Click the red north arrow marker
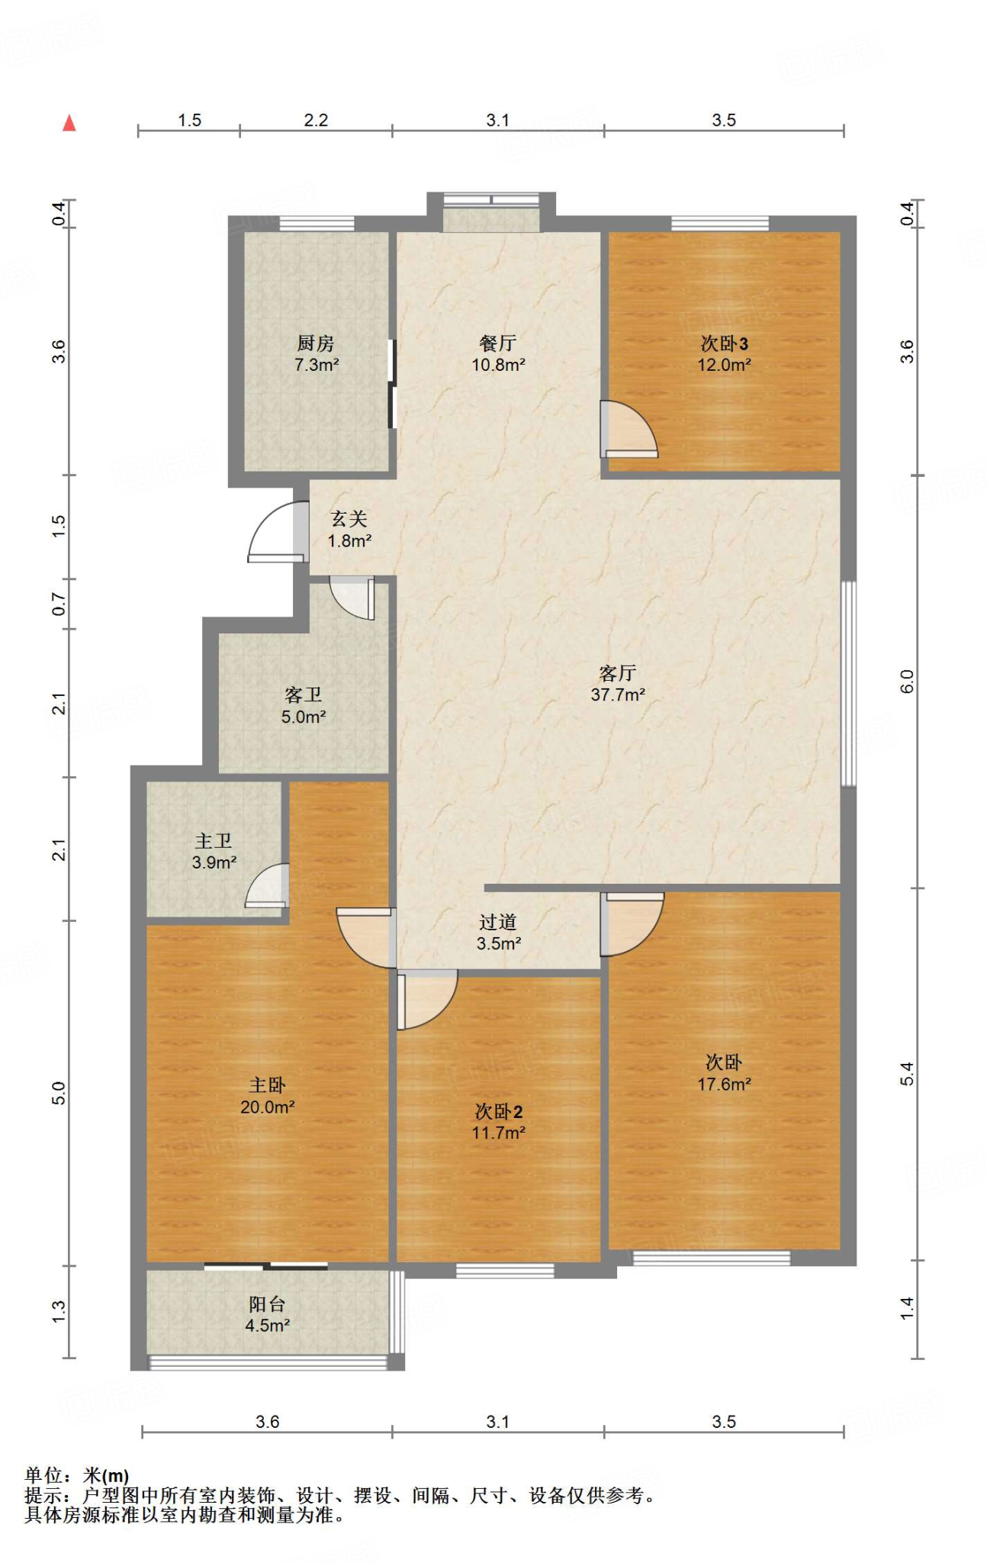pos(69,122)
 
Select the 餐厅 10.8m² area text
pos(498,354)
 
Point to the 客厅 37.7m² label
pos(618,684)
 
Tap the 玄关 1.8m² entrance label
pos(349,530)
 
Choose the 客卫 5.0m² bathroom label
pos(304,706)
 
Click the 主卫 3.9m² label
pos(214,852)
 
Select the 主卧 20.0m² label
pos(268,1096)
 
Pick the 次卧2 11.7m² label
pos(498,1122)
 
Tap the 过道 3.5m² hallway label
pos(499,933)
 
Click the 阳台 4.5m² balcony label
pos(267,1315)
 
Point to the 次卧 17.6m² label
pos(724,1073)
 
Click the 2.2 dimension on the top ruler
pos(316,120)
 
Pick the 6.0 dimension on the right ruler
pos(907,682)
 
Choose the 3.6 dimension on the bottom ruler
pos(268,1422)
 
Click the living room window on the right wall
pos(848,684)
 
